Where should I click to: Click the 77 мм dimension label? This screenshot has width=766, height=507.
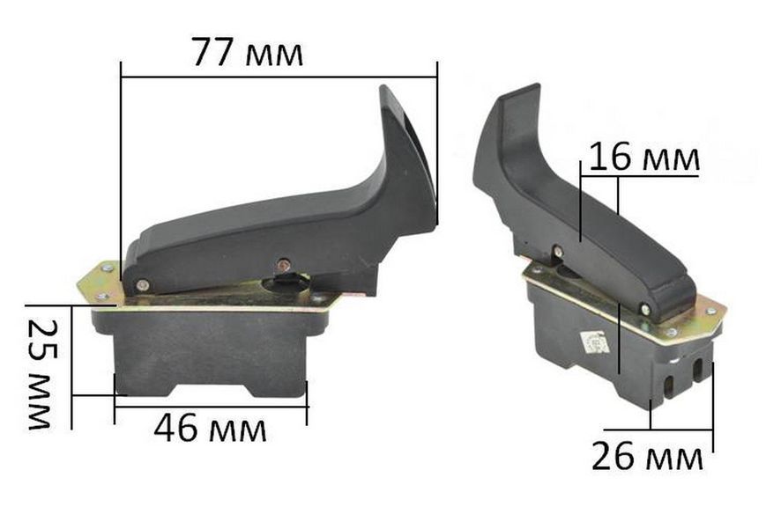[248, 52]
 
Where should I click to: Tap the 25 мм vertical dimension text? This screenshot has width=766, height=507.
[40, 374]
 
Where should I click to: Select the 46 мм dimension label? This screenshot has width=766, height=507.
[211, 428]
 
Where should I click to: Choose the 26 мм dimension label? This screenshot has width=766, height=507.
[647, 455]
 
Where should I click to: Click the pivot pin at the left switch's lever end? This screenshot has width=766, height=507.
[142, 284]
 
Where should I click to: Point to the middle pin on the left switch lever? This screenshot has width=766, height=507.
[282, 265]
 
